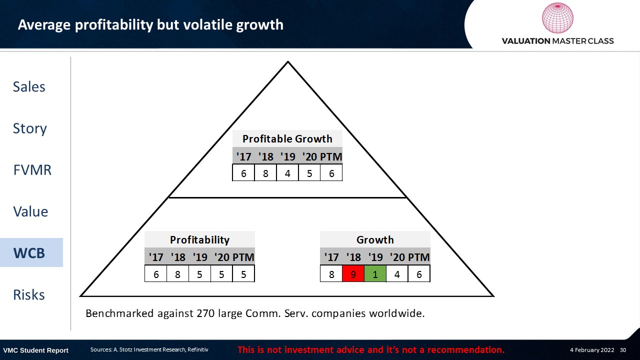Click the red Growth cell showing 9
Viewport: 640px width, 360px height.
353,273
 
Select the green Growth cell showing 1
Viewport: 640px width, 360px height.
375,273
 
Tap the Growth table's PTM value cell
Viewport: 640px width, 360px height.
419,273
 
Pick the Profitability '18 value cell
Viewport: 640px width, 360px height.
177,273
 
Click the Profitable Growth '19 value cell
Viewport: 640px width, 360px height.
287,172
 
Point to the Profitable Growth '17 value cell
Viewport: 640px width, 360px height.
243,172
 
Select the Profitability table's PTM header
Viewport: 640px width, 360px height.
243,257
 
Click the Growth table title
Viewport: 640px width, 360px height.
375,239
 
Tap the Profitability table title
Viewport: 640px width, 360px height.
199,239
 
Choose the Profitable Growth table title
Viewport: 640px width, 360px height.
287,139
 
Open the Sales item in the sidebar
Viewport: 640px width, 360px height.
29,86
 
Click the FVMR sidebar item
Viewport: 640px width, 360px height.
32,169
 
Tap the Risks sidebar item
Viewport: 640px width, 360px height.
29,294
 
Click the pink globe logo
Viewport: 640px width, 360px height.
557,17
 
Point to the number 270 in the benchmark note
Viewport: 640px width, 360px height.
205,313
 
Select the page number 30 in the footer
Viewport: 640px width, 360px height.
623,349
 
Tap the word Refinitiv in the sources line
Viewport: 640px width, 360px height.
197,349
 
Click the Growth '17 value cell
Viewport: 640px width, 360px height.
331,273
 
